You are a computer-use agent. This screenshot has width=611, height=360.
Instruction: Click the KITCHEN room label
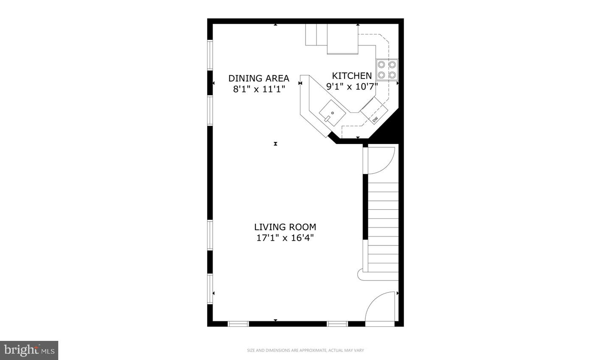coord(352,76)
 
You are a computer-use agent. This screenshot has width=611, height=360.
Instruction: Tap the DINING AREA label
coord(259,79)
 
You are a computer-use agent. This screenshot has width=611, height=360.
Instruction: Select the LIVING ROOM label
coord(285,227)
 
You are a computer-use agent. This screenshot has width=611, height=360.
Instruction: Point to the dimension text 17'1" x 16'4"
coord(285,238)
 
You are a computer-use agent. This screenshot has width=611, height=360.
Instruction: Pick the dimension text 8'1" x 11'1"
coord(259,89)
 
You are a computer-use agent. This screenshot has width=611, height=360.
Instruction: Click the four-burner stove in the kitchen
coord(387,70)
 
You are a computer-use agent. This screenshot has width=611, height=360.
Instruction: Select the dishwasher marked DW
coord(374,111)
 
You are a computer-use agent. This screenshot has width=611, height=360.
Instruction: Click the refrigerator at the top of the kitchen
coord(343,39)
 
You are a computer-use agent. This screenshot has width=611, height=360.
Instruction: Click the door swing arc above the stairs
coord(381,159)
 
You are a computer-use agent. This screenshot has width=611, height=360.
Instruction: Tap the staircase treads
coord(383,227)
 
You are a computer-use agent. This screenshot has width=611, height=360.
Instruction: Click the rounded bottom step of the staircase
coord(362,275)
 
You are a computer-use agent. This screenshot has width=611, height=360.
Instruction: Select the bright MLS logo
coord(29,350)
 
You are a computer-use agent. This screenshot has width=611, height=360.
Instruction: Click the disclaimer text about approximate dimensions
coord(305,351)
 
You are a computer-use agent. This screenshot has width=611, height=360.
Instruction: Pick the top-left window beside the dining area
coord(210,55)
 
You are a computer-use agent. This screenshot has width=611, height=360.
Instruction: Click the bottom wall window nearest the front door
coord(337,324)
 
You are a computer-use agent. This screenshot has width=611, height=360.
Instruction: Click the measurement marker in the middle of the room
coord(275,144)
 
